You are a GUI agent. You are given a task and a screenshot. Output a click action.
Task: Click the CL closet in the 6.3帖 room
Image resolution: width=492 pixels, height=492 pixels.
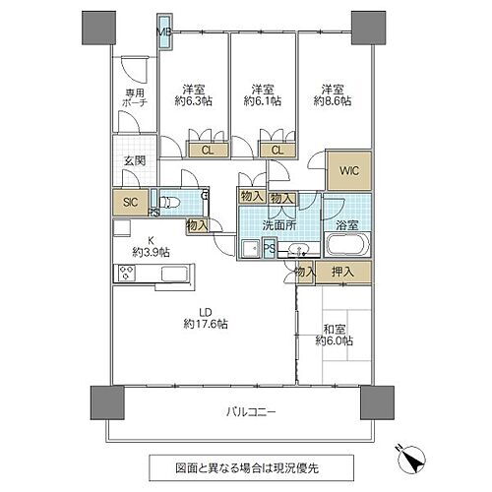tap(207, 150)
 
